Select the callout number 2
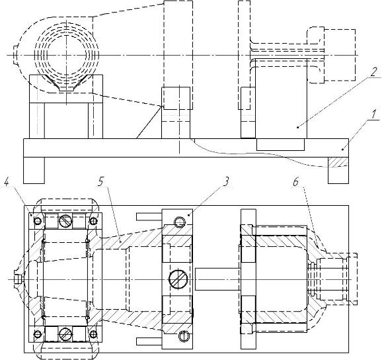(x=373, y=72)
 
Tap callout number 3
(x=225, y=181)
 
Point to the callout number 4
(x=7, y=182)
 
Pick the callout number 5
(x=100, y=181)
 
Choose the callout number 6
(x=295, y=182)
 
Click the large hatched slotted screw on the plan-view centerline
(x=178, y=279)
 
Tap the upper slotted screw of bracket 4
(x=65, y=221)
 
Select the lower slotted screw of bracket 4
(x=65, y=334)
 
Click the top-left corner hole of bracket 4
(x=38, y=221)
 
